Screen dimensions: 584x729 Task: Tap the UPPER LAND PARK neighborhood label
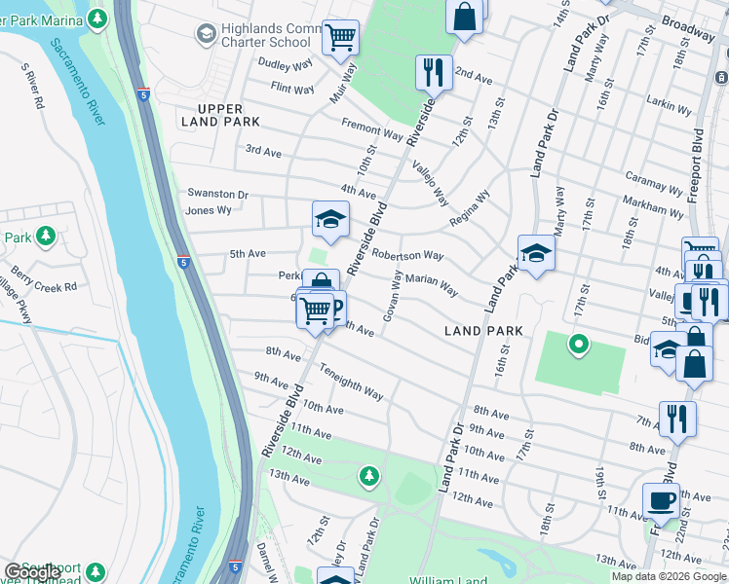click(x=220, y=115)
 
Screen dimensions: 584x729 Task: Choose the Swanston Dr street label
click(x=217, y=195)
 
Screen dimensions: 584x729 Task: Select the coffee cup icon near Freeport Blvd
click(x=661, y=501)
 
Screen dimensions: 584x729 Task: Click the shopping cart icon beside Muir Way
click(x=340, y=38)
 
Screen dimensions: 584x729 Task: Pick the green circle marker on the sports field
click(x=578, y=343)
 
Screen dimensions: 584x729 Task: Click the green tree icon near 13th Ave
click(x=368, y=475)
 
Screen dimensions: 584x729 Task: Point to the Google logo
click(x=32, y=571)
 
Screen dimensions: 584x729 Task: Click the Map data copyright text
click(x=668, y=576)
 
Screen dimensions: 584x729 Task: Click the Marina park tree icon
click(x=96, y=18)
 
